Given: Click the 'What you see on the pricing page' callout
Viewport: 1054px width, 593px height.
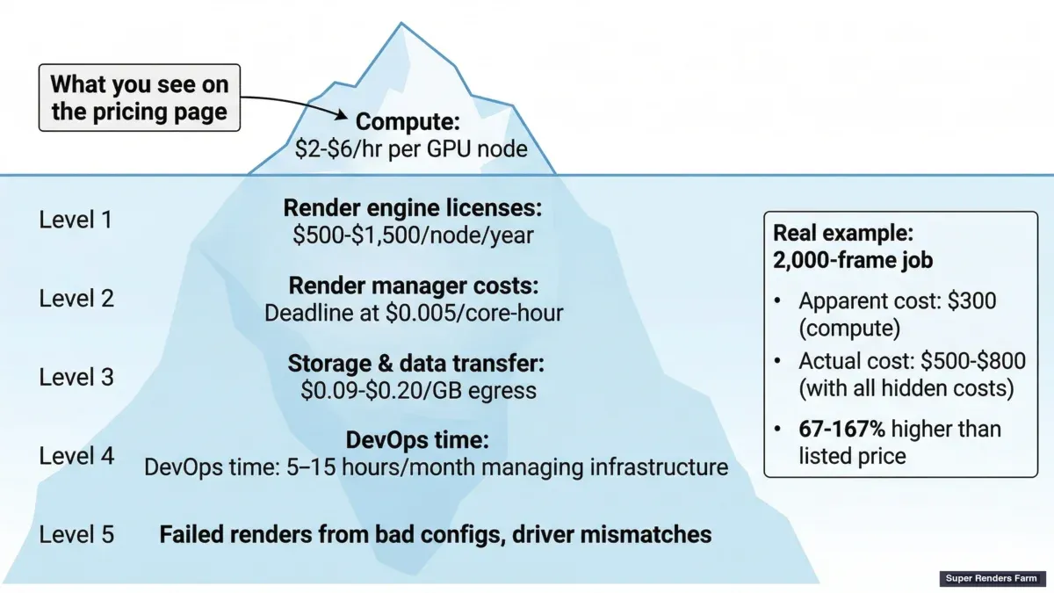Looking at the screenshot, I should pos(139,98).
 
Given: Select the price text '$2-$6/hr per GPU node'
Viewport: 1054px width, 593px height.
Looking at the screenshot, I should pos(411,148).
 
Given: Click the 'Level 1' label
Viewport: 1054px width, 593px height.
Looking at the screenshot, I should pos(76,219).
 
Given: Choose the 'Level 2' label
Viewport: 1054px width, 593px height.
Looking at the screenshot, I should pos(76,298).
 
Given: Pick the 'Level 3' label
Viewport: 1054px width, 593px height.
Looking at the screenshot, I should pos(76,377).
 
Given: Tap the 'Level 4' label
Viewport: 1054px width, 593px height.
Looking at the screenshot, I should pos(76,456).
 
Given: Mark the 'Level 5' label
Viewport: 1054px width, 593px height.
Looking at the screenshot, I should pos(76,534).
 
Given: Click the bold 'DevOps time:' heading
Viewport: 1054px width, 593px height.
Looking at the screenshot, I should pos(417,440).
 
